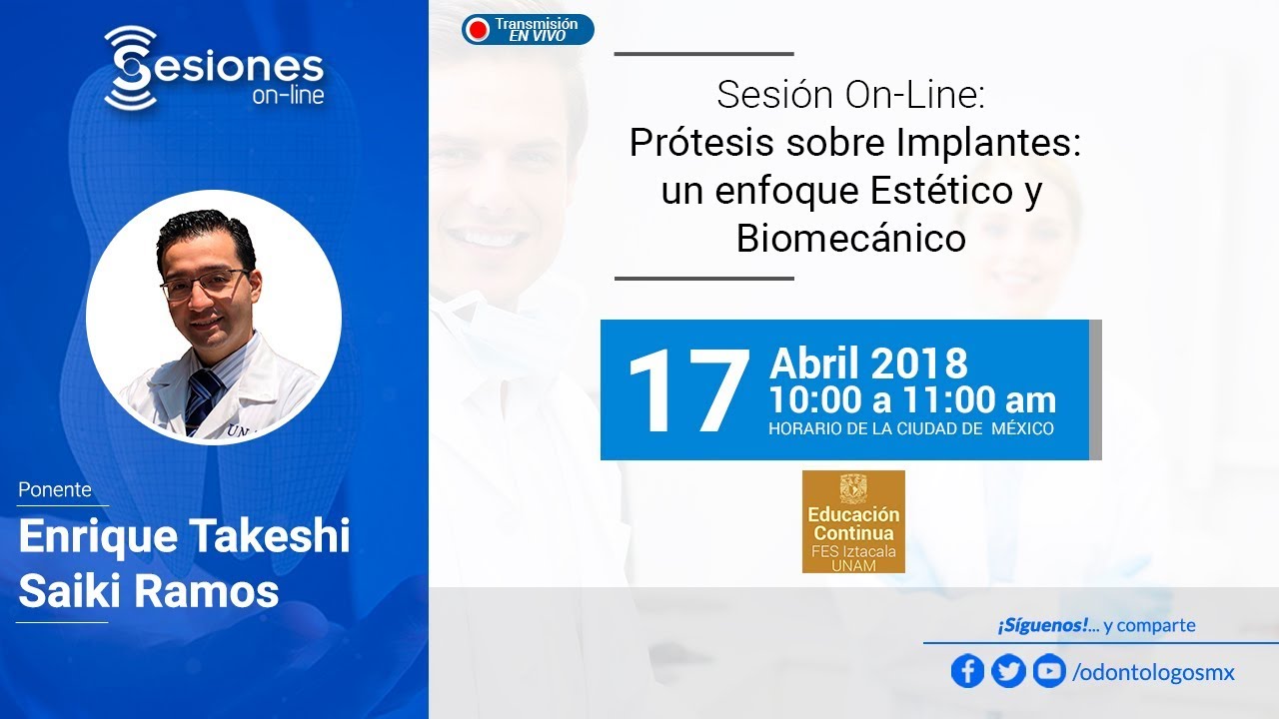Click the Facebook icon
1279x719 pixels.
pyautogui.click(x=967, y=671)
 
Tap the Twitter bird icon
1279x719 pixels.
pyautogui.click(x=1008, y=671)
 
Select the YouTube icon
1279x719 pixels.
pyautogui.click(x=1048, y=671)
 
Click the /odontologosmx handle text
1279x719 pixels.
pyautogui.click(x=1153, y=673)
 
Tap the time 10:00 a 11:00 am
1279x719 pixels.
pyautogui.click(x=911, y=400)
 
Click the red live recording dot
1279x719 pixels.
pyautogui.click(x=479, y=30)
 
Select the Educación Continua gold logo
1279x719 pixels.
pyautogui.click(x=853, y=521)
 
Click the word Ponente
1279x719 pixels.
pyautogui.click(x=55, y=490)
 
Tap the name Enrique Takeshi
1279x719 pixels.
pyautogui.click(x=184, y=537)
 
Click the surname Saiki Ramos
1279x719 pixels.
pyautogui.click(x=148, y=592)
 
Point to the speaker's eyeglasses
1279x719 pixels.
pyautogui.click(x=205, y=284)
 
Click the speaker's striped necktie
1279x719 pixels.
pyautogui.click(x=203, y=396)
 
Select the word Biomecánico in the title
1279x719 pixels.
pyautogui.click(x=850, y=239)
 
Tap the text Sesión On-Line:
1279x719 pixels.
pyautogui.click(x=850, y=95)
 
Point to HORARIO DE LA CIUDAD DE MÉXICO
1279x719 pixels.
pyautogui.click(x=910, y=429)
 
